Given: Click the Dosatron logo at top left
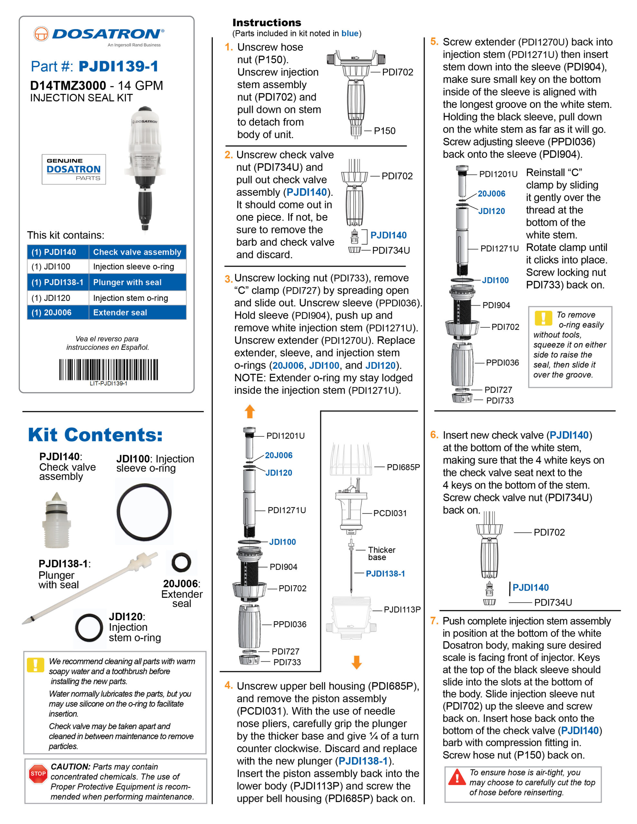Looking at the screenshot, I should (x=99, y=35).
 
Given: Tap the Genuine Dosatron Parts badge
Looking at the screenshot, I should (x=74, y=169).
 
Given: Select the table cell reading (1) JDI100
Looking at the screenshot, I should (x=57, y=267).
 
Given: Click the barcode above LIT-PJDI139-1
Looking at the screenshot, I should (x=109, y=370).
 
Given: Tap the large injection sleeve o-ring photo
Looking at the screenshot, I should (x=144, y=512).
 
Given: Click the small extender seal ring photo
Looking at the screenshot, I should (x=181, y=563).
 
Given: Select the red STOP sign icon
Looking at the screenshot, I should (x=38, y=774).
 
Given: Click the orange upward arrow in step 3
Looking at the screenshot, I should (x=250, y=411).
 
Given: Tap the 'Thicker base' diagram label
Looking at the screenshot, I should (x=381, y=554).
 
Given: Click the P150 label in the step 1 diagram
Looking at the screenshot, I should (x=385, y=131).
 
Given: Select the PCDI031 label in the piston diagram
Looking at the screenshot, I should (x=390, y=513).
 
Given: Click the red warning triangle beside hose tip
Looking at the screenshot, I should (x=457, y=777).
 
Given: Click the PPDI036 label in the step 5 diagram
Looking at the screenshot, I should (x=502, y=362).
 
